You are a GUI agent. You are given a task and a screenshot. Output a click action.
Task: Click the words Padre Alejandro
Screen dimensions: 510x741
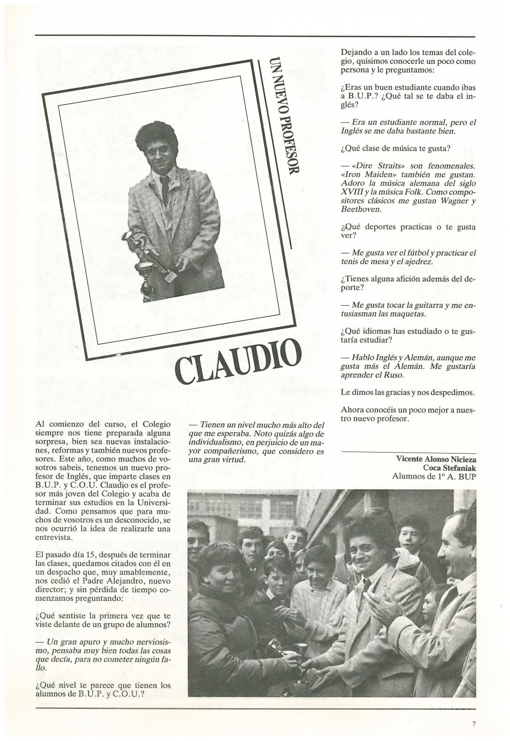(x=117, y=580)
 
